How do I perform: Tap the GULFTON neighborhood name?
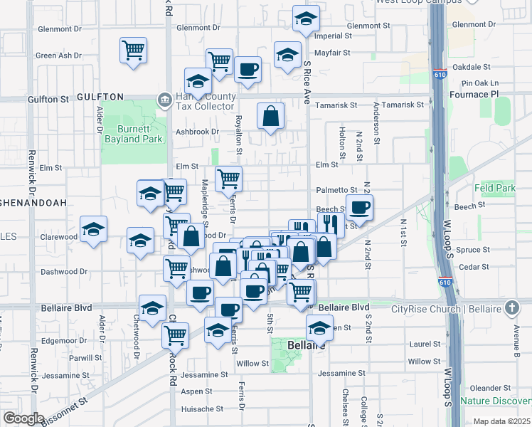click(100, 97)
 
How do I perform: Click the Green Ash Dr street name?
click(58, 56)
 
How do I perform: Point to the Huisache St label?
click(203, 409)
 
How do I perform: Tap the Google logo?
click(23, 418)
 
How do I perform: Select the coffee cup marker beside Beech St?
click(360, 208)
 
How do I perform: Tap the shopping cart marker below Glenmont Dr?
click(133, 51)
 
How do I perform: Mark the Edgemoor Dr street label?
click(64, 341)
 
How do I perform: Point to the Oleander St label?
click(486, 388)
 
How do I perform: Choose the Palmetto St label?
click(336, 190)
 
